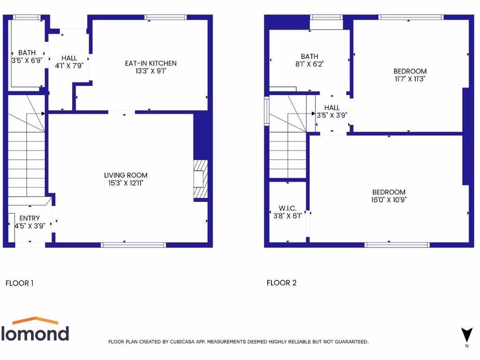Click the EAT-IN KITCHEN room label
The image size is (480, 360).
150,63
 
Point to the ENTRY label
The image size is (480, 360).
30,218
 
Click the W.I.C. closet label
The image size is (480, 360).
287,208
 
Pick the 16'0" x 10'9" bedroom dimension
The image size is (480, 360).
389,199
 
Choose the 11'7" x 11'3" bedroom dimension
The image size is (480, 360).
410,79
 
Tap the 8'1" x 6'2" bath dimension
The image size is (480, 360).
309,64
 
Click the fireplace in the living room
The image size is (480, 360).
201,180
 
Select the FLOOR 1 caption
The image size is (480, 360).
19,283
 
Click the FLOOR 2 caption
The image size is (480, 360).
281,283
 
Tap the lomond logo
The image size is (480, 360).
36,330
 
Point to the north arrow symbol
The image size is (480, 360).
466,335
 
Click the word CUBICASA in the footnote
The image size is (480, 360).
182,342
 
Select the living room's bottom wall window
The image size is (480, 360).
134,244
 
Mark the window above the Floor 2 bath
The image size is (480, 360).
326,18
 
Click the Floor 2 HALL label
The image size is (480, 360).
332,108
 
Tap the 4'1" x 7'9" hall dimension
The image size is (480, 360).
69,66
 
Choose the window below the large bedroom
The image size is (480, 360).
397,244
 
